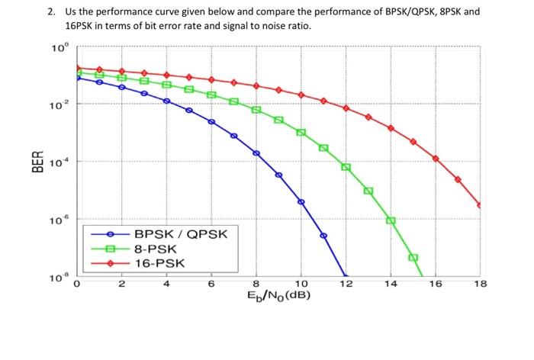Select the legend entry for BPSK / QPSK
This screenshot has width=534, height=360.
(x=179, y=234)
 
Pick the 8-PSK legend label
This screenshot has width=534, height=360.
(x=156, y=249)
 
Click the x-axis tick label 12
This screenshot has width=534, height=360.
(x=346, y=284)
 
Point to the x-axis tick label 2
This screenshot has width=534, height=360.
(x=121, y=284)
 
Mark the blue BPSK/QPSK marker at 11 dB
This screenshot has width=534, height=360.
(x=323, y=236)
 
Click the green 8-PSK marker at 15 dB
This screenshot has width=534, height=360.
(x=413, y=258)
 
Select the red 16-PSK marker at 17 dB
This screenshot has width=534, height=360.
(x=458, y=179)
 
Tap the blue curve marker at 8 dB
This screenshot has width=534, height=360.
(x=256, y=153)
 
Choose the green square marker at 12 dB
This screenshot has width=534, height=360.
(x=346, y=167)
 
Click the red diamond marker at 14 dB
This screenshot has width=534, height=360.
(x=391, y=128)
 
